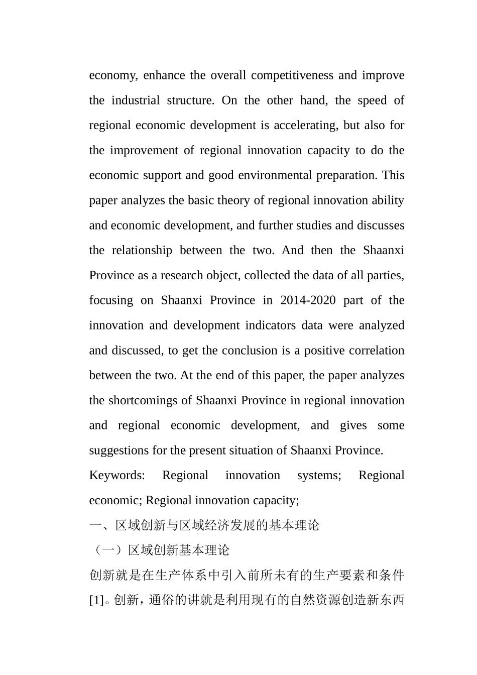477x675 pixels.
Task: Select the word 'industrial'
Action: tap(135, 100)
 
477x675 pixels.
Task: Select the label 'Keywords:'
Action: tap(117, 476)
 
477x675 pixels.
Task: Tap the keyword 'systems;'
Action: tap(319, 476)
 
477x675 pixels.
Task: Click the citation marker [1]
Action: tap(96, 601)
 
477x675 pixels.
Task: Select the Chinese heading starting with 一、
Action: tap(204, 526)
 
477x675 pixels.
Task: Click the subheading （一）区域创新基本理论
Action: tap(160, 550)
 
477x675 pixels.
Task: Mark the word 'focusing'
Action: tap(110, 300)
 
